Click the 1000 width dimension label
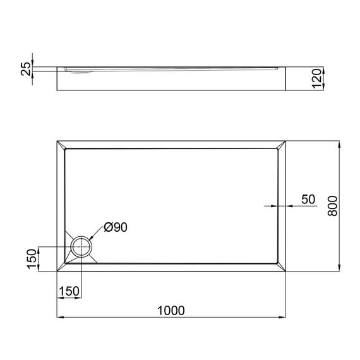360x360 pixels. click(x=171, y=311)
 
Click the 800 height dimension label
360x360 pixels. click(x=332, y=206)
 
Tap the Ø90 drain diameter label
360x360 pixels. click(x=116, y=227)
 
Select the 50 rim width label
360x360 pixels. click(x=308, y=200)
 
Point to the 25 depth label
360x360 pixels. click(x=26, y=69)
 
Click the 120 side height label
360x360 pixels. click(x=316, y=78)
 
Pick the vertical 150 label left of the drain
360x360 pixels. click(x=32, y=259)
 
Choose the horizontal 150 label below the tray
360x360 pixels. click(x=69, y=291)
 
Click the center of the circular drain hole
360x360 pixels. click(x=81, y=246)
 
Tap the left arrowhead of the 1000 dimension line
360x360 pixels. click(x=60, y=317)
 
